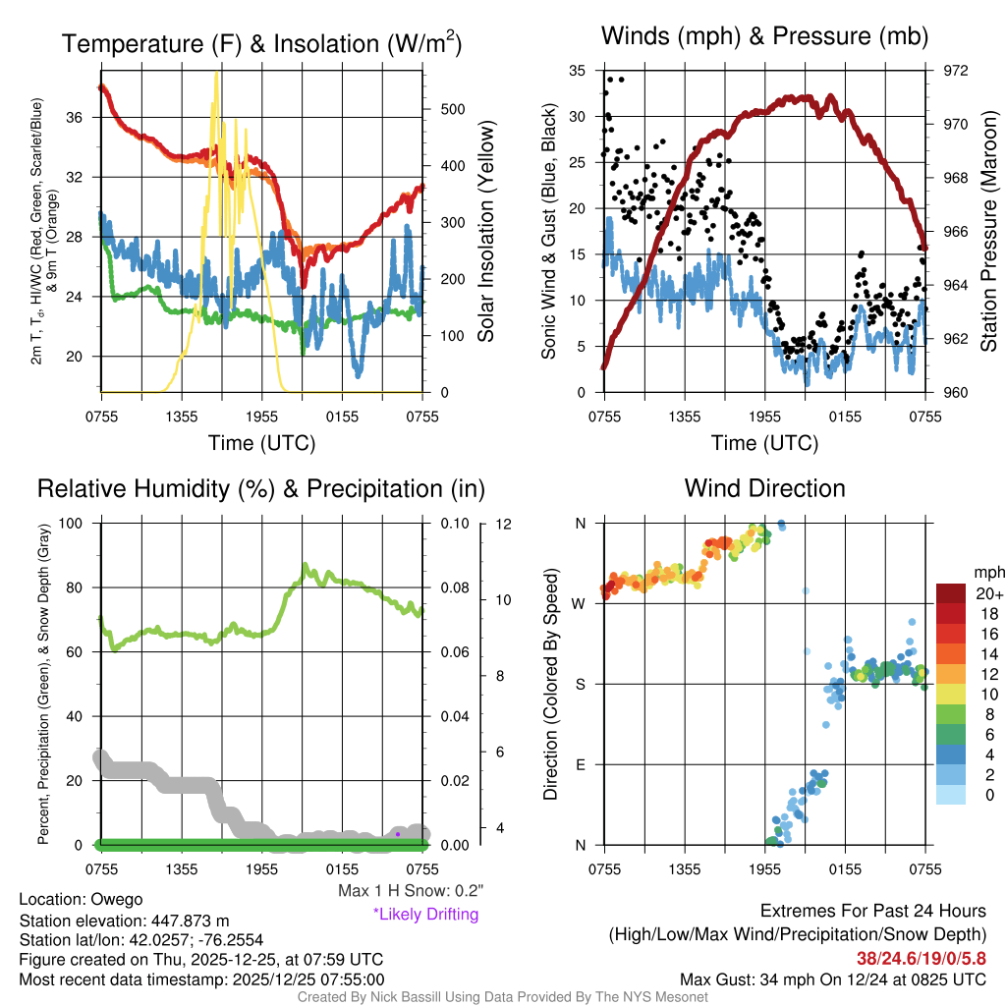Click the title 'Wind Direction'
[764, 488]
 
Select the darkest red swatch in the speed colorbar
[950, 593]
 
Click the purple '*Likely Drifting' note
[425, 915]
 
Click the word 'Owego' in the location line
[117, 899]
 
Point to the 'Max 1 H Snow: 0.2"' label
[410, 891]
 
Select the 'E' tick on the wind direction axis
[581, 764]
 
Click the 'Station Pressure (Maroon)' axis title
[989, 232]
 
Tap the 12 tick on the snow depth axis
[503, 524]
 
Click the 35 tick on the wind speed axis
[579, 71]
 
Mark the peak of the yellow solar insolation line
[216, 75]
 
